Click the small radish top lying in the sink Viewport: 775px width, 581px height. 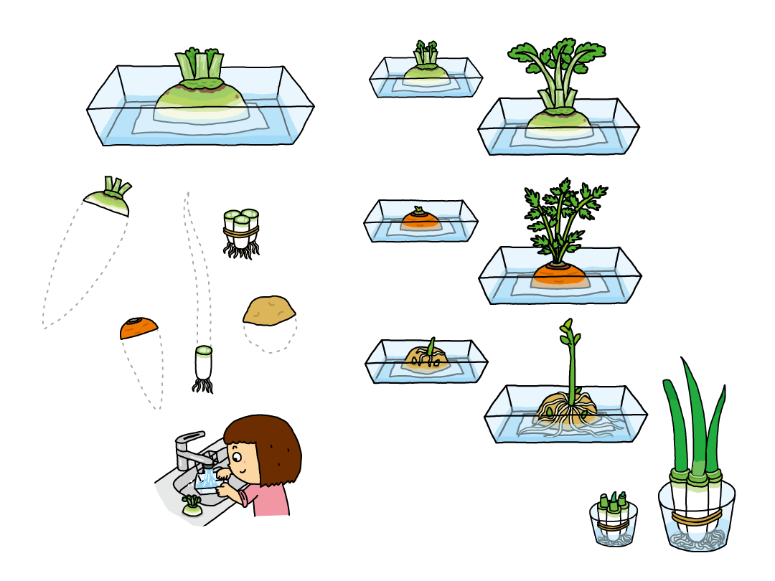[x=192, y=506]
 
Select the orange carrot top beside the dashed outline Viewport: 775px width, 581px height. [x=138, y=328]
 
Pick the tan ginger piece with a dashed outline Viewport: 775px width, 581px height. [x=269, y=311]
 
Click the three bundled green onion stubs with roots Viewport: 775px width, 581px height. [x=241, y=232]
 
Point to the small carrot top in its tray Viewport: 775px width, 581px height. [x=421, y=218]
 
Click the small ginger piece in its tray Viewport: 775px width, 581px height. [x=426, y=356]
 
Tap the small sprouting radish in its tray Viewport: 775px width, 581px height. [x=426, y=68]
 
